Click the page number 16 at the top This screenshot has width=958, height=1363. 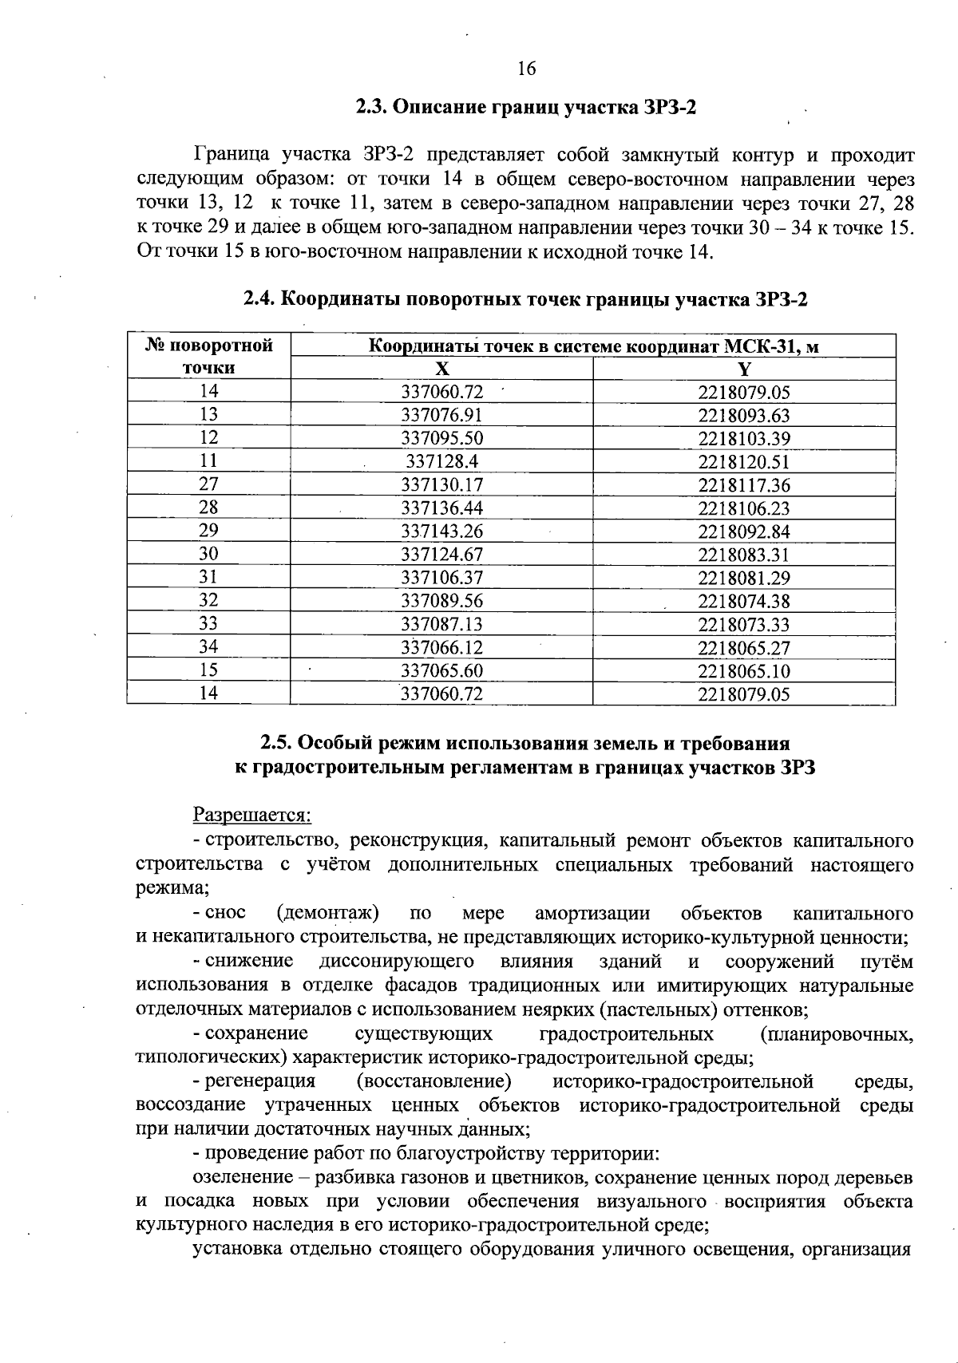pos(526,69)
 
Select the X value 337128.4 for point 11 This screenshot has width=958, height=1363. pos(441,461)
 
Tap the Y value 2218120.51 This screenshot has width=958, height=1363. pos(743,462)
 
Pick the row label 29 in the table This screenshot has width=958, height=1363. pos(208,531)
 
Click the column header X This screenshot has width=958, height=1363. pos(441,369)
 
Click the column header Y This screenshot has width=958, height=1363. pos(743,369)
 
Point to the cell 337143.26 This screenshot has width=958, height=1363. pos(441,531)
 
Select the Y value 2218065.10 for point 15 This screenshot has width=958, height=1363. pos(743,671)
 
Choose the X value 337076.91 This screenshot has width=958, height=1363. pos(441,415)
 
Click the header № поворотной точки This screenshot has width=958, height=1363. pos(208,357)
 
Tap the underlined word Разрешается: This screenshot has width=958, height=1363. pos(251,816)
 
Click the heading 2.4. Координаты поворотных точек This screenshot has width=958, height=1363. pos(526,300)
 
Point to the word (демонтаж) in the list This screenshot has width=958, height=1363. pos(327,913)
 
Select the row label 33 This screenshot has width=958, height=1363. pos(208,623)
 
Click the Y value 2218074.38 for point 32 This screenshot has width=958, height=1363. pos(743,602)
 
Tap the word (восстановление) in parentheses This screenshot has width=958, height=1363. pos(434,1081)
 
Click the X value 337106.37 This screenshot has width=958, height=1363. pos(441,578)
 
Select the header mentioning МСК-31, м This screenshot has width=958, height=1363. pos(592,346)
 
